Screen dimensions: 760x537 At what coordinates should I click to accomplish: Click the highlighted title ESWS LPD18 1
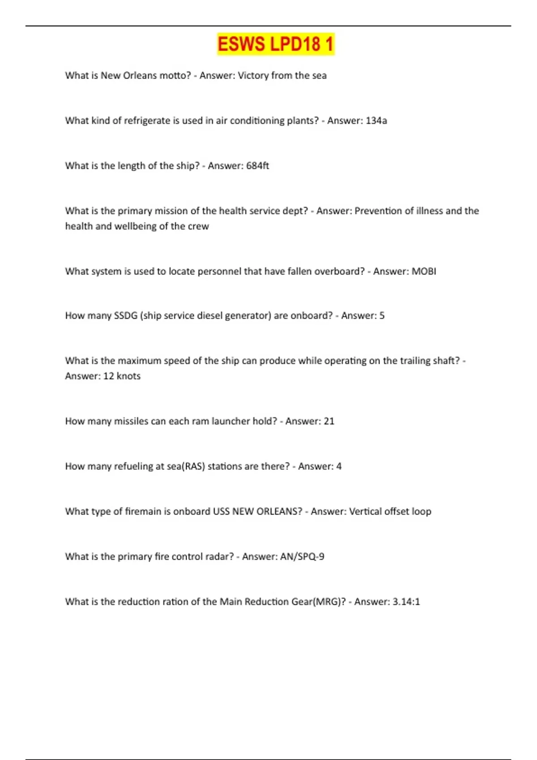[275, 44]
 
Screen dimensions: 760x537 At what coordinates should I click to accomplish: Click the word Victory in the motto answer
[253, 76]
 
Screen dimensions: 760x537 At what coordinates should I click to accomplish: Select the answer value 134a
[376, 121]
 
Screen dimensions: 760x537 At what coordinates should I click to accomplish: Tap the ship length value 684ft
[257, 166]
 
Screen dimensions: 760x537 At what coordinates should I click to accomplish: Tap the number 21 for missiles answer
[329, 421]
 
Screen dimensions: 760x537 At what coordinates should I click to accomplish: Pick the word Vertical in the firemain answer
[365, 511]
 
